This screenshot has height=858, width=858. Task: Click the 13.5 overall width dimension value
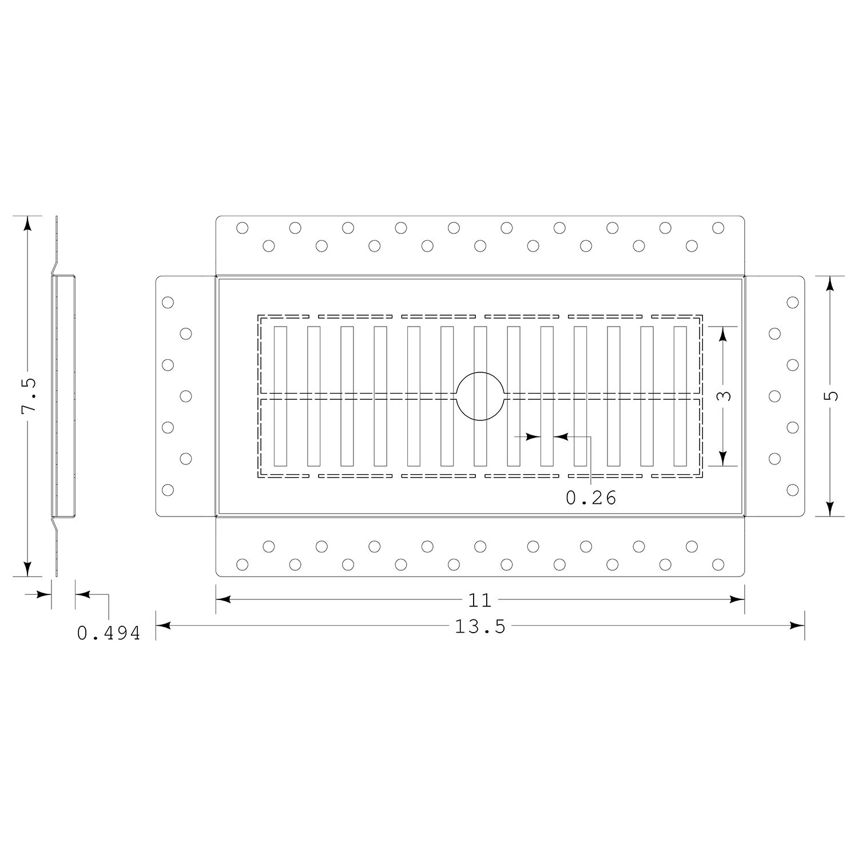(480, 627)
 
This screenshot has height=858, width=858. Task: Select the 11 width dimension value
(480, 600)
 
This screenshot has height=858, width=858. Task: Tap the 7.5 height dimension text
(29, 395)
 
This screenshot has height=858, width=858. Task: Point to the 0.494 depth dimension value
(109, 633)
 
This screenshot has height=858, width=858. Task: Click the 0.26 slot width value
(591, 498)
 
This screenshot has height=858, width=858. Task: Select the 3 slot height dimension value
(724, 396)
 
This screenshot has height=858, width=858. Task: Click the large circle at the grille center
(480, 372)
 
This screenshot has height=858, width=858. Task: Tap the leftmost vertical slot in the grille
(280, 396)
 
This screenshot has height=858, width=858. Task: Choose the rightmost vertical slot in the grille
(680, 396)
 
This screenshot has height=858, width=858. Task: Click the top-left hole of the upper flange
(242, 228)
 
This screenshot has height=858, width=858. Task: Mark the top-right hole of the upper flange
(718, 228)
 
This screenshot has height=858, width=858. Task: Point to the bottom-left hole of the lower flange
(242, 565)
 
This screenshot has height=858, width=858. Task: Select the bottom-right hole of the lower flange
(718, 565)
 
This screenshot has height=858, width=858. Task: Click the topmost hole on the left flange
(168, 302)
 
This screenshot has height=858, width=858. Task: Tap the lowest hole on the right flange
(792, 490)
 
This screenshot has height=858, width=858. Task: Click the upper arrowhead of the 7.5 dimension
(27, 224)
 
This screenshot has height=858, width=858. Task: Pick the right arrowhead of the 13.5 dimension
(797, 626)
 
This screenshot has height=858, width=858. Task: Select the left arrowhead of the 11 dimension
(224, 599)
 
